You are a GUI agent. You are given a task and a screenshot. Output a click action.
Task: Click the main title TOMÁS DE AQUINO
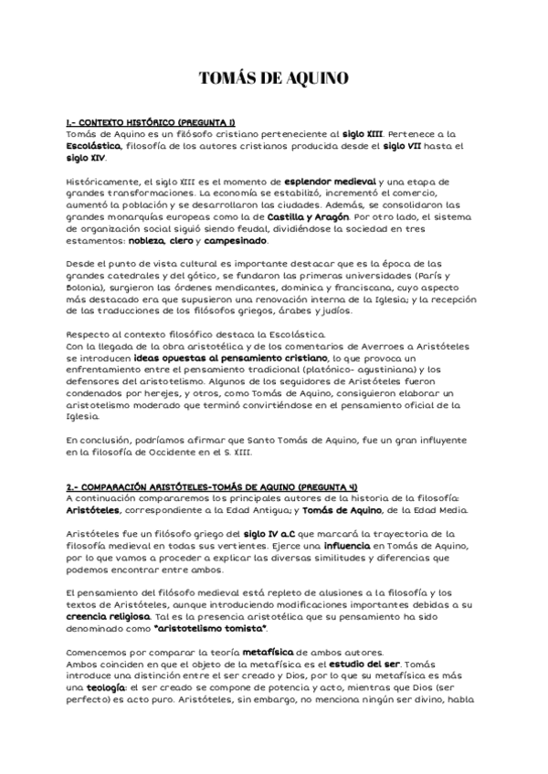click(x=273, y=79)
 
